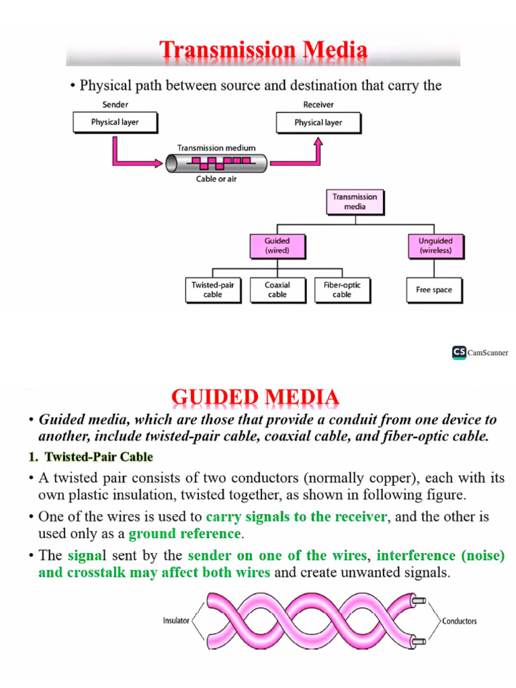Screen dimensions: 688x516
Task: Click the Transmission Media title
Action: pos(263,50)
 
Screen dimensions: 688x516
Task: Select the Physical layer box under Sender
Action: pos(115,122)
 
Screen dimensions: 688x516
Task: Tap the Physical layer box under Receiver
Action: pos(318,123)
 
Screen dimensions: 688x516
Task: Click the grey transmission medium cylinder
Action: pos(216,162)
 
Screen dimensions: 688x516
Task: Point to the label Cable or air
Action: pos(216,179)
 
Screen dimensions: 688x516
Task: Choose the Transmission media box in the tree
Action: pos(355,202)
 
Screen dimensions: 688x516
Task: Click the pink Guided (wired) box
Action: pos(277,246)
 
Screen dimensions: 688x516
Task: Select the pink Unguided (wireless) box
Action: pos(435,246)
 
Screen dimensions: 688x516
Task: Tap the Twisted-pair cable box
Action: pos(212,290)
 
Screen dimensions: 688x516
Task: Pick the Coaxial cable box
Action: pos(277,290)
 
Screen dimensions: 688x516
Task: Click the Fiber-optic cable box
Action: pos(341,290)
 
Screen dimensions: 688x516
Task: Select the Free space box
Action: pos(434,290)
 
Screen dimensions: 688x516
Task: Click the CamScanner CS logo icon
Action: pos(459,352)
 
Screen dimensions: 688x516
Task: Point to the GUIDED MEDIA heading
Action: pos(255,398)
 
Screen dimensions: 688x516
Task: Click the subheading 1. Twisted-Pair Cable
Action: pos(91,458)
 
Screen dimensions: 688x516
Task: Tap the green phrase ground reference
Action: pos(184,534)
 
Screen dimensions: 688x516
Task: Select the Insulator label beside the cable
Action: pos(176,621)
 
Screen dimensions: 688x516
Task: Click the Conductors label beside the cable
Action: pos(460,621)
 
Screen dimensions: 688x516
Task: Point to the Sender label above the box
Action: pos(115,105)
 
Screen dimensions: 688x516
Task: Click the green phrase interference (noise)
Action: pos(440,556)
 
